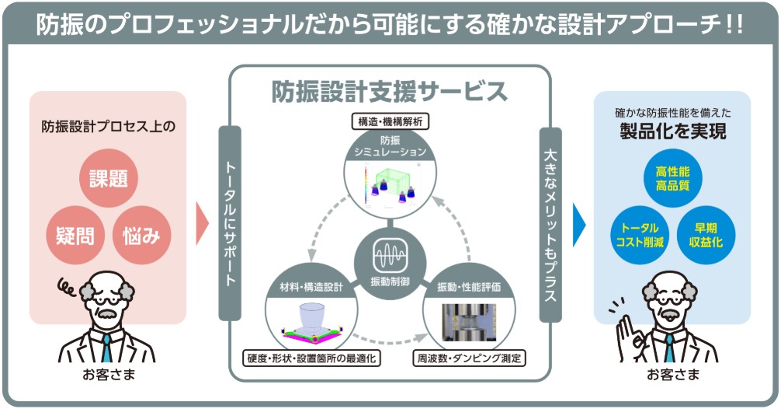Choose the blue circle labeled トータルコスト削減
click(x=640, y=234)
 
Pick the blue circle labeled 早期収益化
click(x=705, y=234)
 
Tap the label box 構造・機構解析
click(x=390, y=121)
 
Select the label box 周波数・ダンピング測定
click(x=469, y=358)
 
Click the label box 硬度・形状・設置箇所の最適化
click(x=311, y=358)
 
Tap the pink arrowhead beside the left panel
click(x=203, y=224)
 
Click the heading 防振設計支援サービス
click(x=390, y=92)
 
